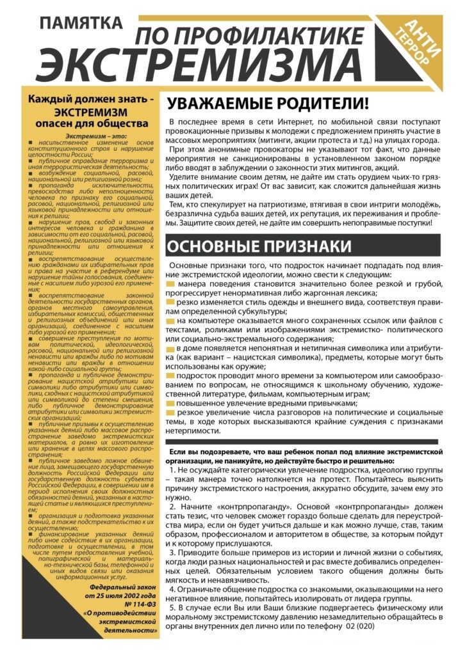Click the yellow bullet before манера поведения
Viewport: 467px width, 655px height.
(170, 283)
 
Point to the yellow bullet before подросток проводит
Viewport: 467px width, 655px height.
(170, 376)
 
